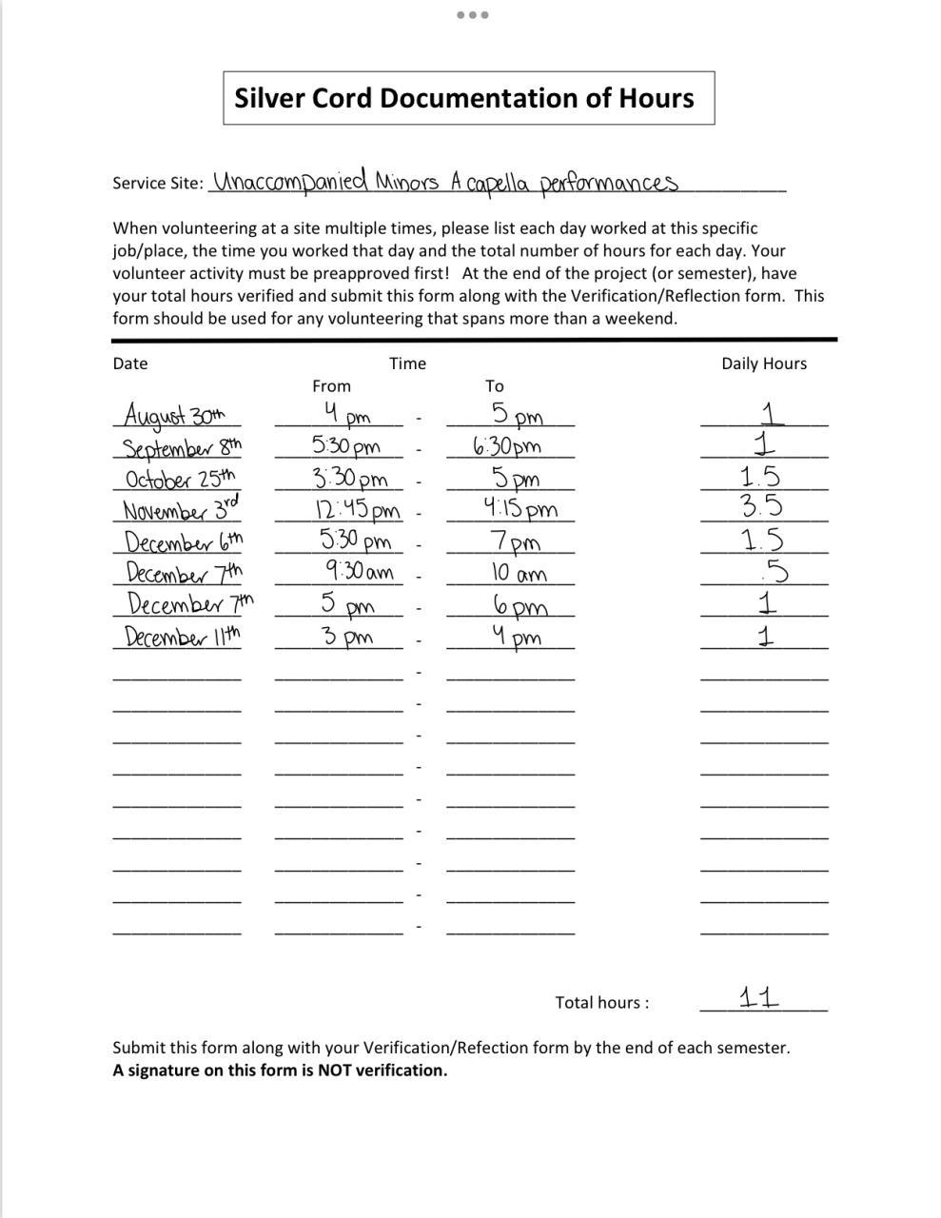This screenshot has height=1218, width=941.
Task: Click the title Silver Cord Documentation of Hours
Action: coord(464,98)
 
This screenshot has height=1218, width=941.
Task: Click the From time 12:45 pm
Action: coord(357,510)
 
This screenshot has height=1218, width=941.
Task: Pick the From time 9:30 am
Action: coord(359,572)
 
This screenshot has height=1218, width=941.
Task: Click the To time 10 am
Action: coord(519,573)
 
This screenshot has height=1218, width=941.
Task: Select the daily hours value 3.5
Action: coord(762,505)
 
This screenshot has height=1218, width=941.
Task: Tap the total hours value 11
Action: coord(759,997)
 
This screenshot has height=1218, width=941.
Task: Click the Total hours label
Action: coord(602,1002)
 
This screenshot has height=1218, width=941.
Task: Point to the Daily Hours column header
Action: coord(763,363)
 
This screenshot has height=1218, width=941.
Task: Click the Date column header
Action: coord(130,363)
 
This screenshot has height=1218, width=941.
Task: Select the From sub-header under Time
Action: coord(331,386)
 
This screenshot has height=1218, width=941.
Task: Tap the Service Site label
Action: coord(158,183)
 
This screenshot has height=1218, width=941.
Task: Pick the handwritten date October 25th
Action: coord(180,478)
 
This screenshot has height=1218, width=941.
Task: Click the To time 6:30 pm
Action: coord(506,445)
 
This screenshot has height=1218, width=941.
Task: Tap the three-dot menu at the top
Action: coord(472,15)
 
